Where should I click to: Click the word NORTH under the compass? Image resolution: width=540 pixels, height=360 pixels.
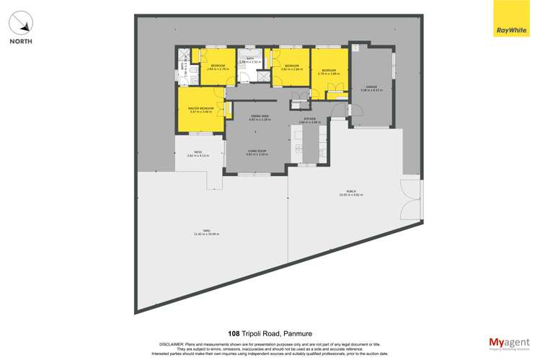coord(21,42)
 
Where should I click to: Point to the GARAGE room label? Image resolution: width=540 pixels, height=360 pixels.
coord(371,88)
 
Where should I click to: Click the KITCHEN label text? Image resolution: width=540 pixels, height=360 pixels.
coord(309,119)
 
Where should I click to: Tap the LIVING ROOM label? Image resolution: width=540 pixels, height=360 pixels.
coord(257,152)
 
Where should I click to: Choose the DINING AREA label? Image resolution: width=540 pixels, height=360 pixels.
coord(259,116)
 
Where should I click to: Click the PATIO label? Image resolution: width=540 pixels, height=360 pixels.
coord(197,152)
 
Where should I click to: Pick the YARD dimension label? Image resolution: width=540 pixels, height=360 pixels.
coord(206,233)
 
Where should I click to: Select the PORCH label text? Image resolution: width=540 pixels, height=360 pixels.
coord(350,192)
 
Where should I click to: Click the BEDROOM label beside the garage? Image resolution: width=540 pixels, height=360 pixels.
coord(328,71)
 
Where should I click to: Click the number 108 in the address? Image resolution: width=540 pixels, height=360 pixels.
coord(234,333)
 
